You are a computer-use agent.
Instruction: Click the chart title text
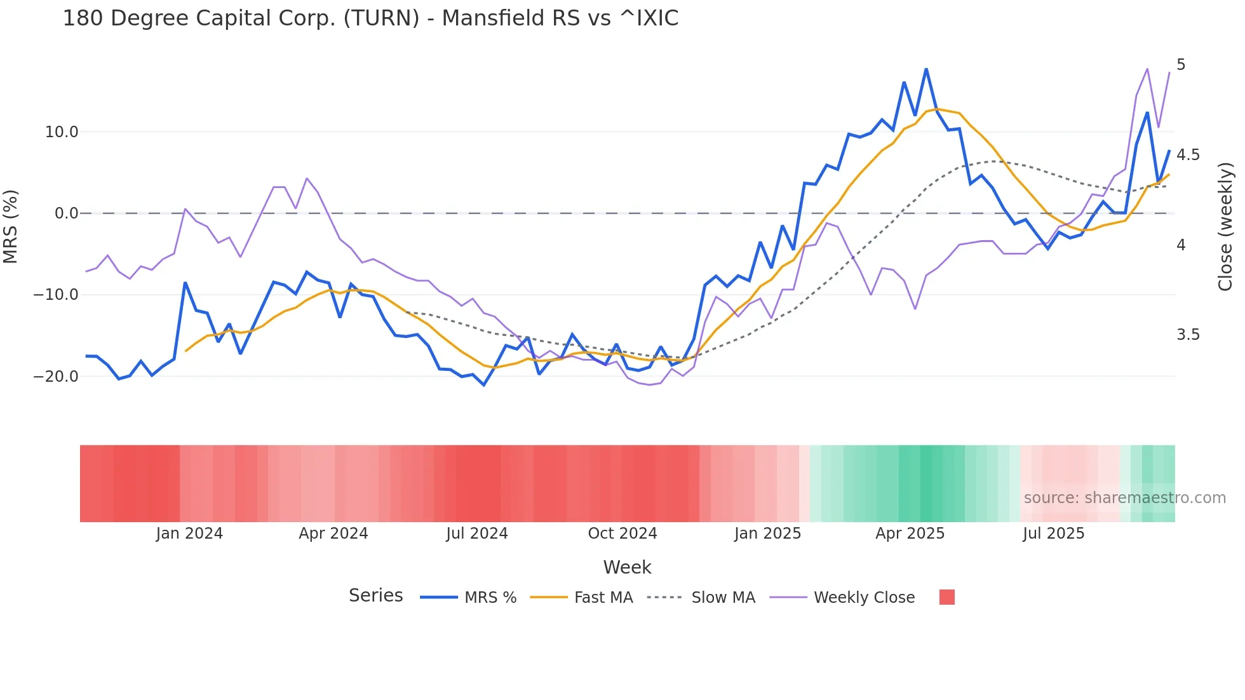(370, 18)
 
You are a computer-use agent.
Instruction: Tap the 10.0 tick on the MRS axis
(62, 132)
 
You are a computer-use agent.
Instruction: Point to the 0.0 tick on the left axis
(66, 213)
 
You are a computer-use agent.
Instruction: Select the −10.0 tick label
(56, 295)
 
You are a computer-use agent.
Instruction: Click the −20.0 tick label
(56, 377)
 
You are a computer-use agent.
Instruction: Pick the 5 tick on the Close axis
(1181, 65)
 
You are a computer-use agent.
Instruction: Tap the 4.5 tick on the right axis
(1188, 155)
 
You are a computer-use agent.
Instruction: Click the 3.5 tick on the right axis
(1188, 335)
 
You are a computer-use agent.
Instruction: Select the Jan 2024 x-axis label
(189, 534)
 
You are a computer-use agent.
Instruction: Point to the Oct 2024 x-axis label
(622, 534)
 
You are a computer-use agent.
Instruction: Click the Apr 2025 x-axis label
(910, 534)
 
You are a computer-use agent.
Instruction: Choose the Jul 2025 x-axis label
(1053, 534)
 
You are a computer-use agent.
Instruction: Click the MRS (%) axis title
(11, 226)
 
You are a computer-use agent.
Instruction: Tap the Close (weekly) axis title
(1225, 226)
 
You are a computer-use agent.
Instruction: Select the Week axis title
(627, 567)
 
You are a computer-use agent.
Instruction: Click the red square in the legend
(946, 597)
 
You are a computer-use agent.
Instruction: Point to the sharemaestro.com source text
(1124, 498)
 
